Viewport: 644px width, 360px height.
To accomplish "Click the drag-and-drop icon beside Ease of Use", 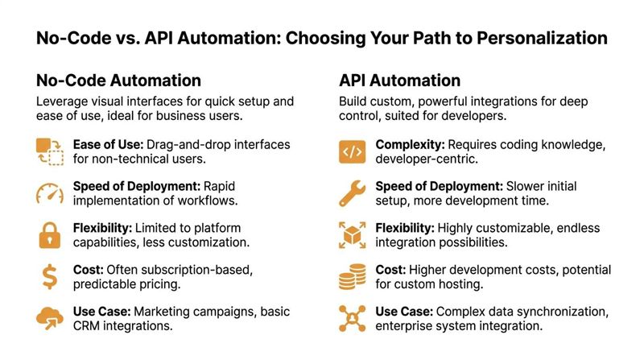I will [x=49, y=151].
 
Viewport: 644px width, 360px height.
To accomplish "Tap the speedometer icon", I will [x=49, y=193].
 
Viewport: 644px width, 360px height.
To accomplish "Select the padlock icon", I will [x=49, y=235].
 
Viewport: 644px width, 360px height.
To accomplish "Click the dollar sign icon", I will [x=49, y=277].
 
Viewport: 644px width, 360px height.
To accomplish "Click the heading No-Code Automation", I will [x=118, y=81].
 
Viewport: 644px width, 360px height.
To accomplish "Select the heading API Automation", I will [x=399, y=81].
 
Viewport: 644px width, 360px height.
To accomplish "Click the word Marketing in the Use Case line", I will [x=162, y=311].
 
